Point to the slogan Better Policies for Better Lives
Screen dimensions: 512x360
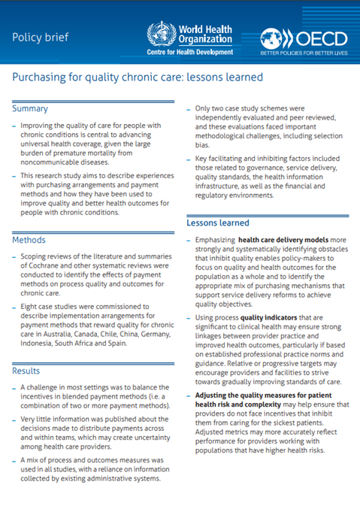pos(304,54)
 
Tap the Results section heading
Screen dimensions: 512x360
pos(29,371)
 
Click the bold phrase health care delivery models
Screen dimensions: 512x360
pos(278,239)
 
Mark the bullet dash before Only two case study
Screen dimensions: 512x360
pos(189,109)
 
